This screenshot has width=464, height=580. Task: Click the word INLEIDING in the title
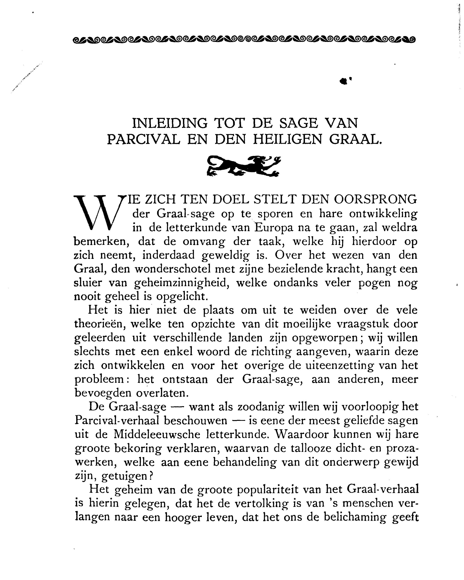pos(170,123)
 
